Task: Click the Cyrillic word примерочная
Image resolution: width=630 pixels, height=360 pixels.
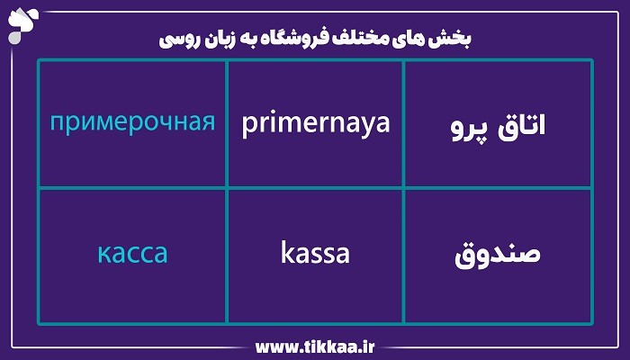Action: (x=132, y=121)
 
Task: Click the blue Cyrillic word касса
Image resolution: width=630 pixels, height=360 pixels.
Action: (x=132, y=253)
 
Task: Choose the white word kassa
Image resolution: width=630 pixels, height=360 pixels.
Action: (x=315, y=253)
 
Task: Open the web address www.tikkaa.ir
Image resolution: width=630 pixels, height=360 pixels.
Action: (x=316, y=346)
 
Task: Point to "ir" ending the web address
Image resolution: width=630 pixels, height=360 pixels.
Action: (x=368, y=346)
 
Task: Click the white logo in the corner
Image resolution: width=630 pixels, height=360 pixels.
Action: (x=20, y=20)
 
